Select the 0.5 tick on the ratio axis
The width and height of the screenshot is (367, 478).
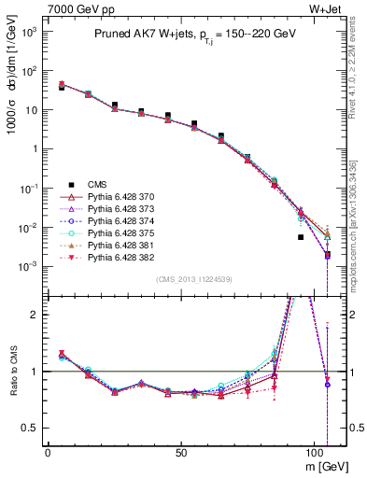tap(27, 428)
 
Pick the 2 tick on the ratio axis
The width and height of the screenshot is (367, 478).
tap(31, 315)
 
